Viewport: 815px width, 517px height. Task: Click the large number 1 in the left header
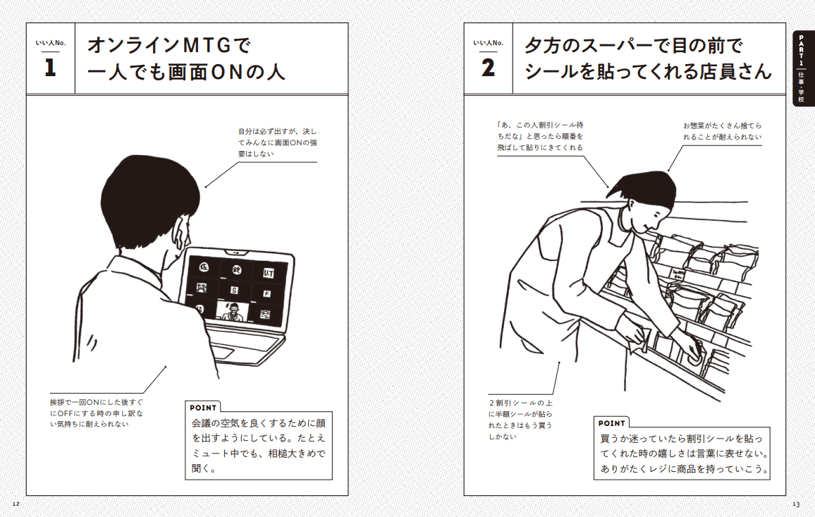pos(50,68)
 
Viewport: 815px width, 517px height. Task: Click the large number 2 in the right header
pos(488,68)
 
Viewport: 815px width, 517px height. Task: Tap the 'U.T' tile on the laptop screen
pos(269,272)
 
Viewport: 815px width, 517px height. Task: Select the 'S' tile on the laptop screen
pos(234,289)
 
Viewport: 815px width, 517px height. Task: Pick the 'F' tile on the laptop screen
pos(267,293)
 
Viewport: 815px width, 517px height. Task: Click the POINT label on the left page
pos(203,408)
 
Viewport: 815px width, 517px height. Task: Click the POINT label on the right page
pos(611,423)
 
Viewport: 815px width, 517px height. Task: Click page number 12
pos(16,504)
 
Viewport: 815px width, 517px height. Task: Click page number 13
pos(796,504)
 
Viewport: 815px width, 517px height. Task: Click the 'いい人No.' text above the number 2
pos(488,43)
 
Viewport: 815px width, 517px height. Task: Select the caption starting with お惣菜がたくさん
pos(722,130)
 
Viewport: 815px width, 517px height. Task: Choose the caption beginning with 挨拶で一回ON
pos(95,413)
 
